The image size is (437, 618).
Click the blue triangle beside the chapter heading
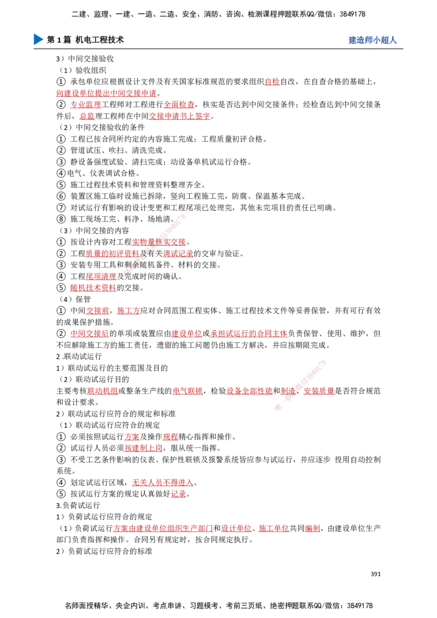pyautogui.click(x=38, y=39)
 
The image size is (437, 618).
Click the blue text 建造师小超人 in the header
pyautogui.click(x=373, y=40)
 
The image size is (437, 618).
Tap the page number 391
pyautogui.click(x=375, y=574)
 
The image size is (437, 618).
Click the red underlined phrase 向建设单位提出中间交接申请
pyautogui.click(x=107, y=93)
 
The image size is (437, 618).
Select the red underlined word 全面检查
pyautogui.click(x=179, y=104)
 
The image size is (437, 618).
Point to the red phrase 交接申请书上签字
pyautogui.click(x=180, y=116)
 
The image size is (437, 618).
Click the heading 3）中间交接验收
pyautogui.click(x=85, y=59)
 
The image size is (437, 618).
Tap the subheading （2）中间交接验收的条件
pyautogui.click(x=102, y=127)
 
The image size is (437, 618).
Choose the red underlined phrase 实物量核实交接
pyautogui.click(x=159, y=242)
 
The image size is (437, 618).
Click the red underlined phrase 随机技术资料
pyautogui.click(x=93, y=288)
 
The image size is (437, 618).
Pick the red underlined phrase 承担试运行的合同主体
pyautogui.click(x=249, y=334)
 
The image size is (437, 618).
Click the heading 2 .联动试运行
pyautogui.click(x=79, y=356)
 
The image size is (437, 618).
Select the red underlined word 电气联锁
pyautogui.click(x=188, y=390)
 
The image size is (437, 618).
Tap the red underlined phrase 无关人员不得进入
pyautogui.click(x=162, y=483)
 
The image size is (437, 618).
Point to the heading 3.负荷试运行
pyautogui.click(x=78, y=506)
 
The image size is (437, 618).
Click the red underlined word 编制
pyautogui.click(x=312, y=528)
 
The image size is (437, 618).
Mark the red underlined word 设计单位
pyautogui.click(x=236, y=528)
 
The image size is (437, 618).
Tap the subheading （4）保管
pyautogui.click(x=75, y=299)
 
